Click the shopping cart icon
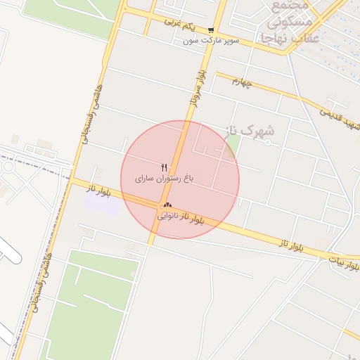click(x=211, y=30)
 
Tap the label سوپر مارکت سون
click(x=211, y=41)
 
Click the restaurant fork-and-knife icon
click(x=165, y=167)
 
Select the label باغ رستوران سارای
click(x=164, y=179)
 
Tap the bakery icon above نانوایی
click(x=167, y=205)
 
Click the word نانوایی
click(x=167, y=216)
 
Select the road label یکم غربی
click(x=179, y=24)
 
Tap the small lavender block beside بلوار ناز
click(x=102, y=202)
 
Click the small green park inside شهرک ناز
click(x=233, y=148)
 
